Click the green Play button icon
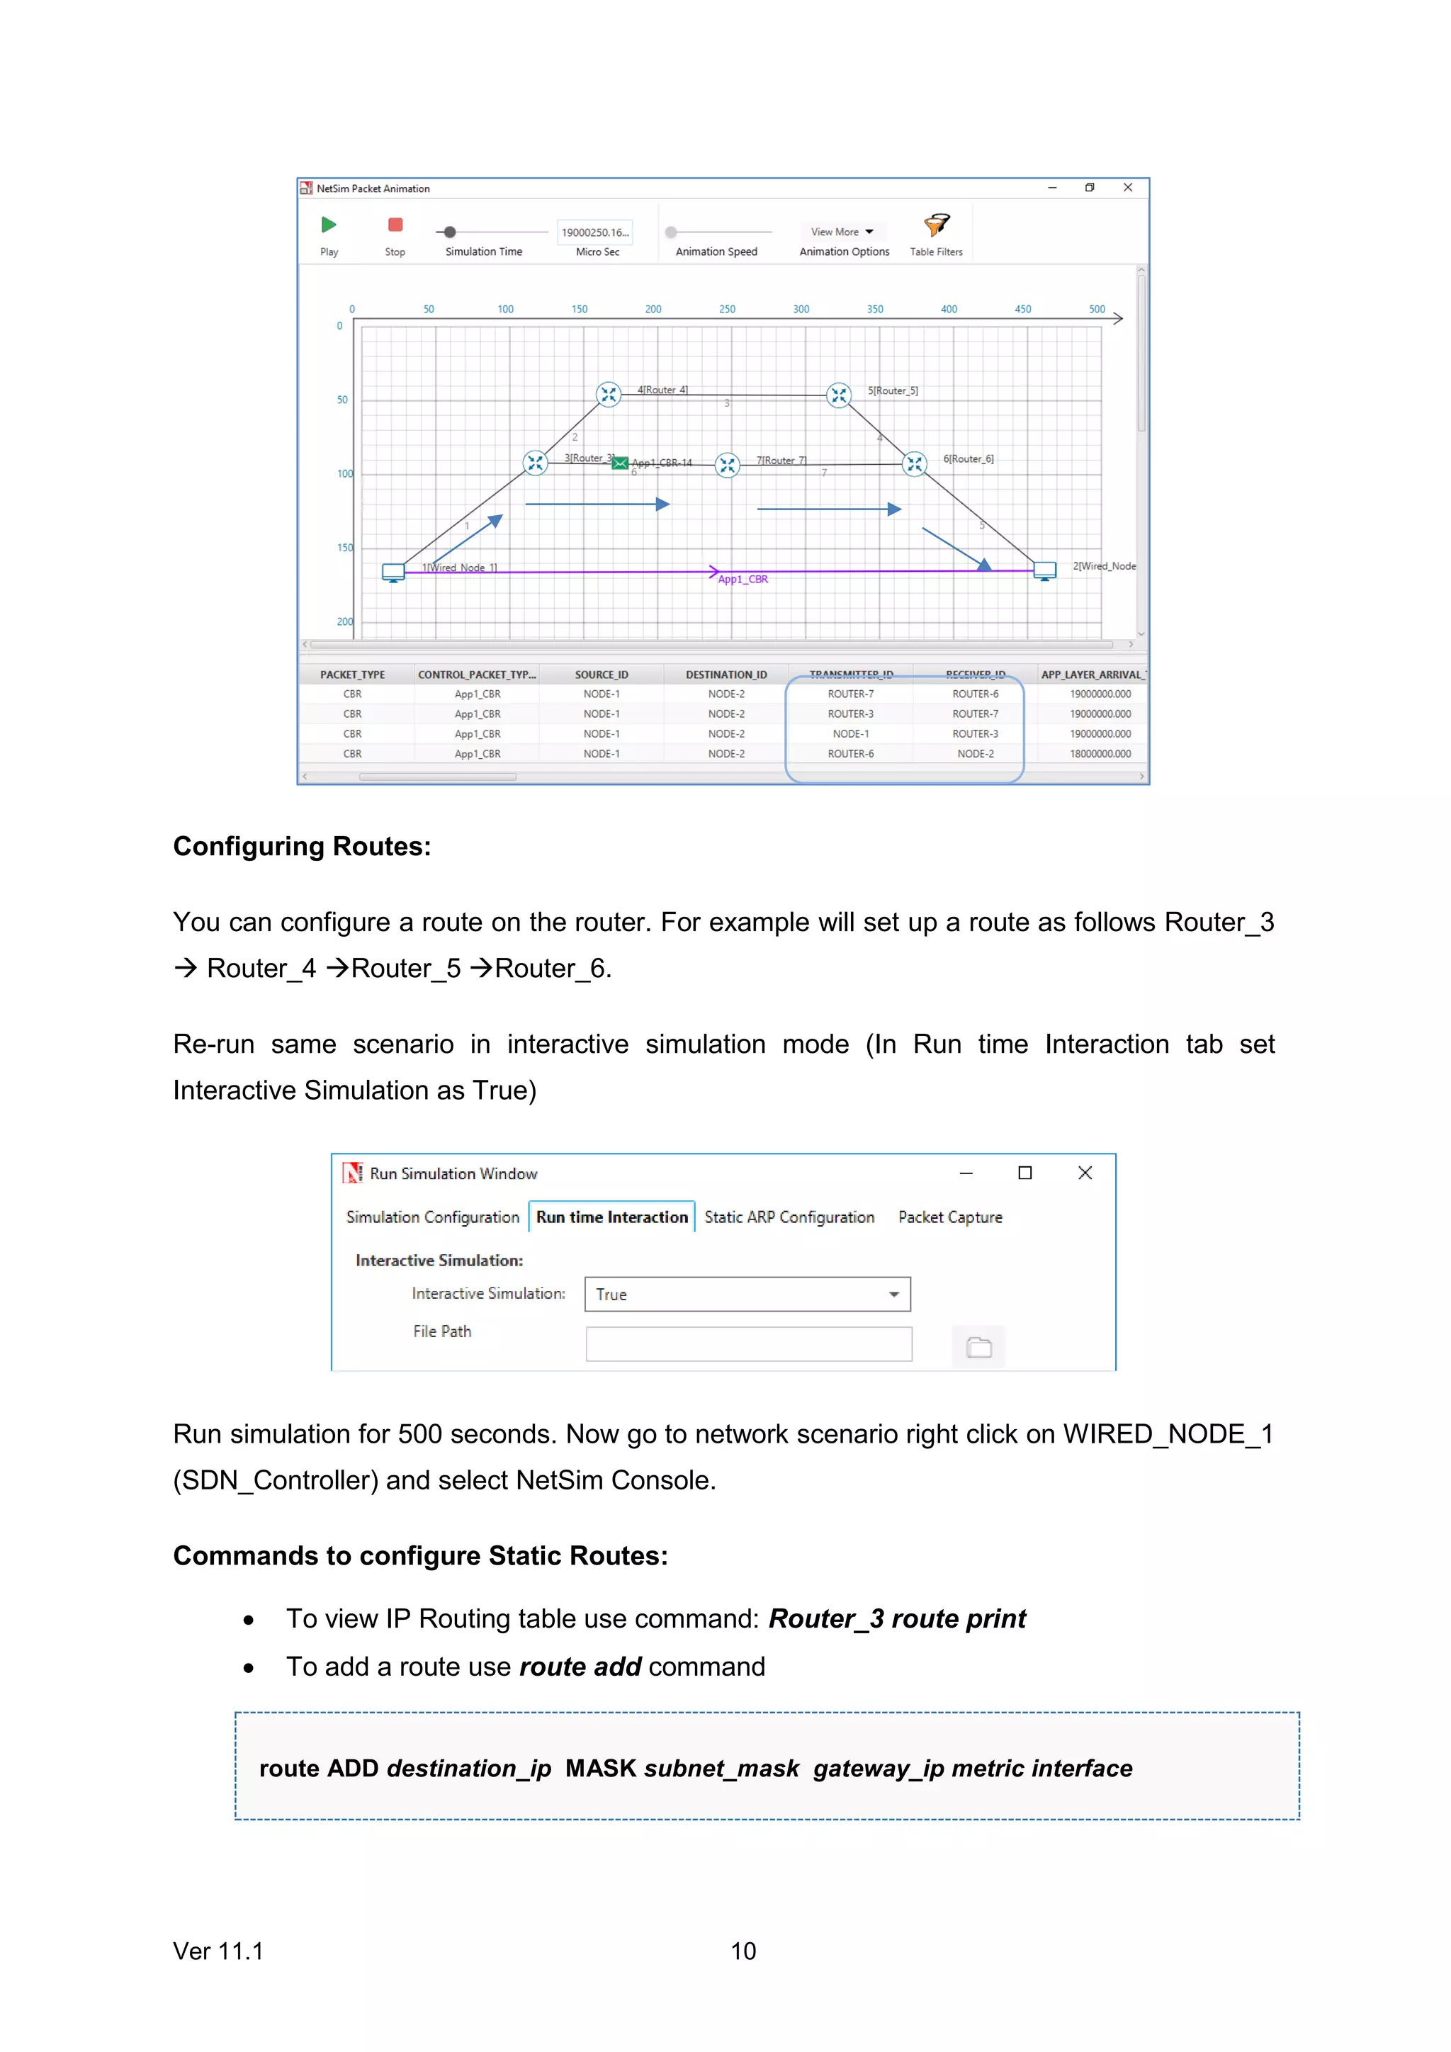pos(329,225)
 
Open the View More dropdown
pos(842,232)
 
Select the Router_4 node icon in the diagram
pos(609,394)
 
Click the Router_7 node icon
pos(728,465)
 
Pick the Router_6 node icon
pos(914,463)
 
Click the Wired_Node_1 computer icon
pos(393,572)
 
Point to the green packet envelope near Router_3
pos(620,462)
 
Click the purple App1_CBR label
pos(743,579)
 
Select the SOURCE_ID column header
pos(602,675)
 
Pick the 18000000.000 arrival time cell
pos(1100,753)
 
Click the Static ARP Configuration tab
pos(789,1217)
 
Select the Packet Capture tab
pos(950,1217)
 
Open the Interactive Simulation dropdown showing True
pos(747,1294)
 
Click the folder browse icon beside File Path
pos(978,1347)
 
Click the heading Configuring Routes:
pos(302,846)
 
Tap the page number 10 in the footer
pos(743,1951)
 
